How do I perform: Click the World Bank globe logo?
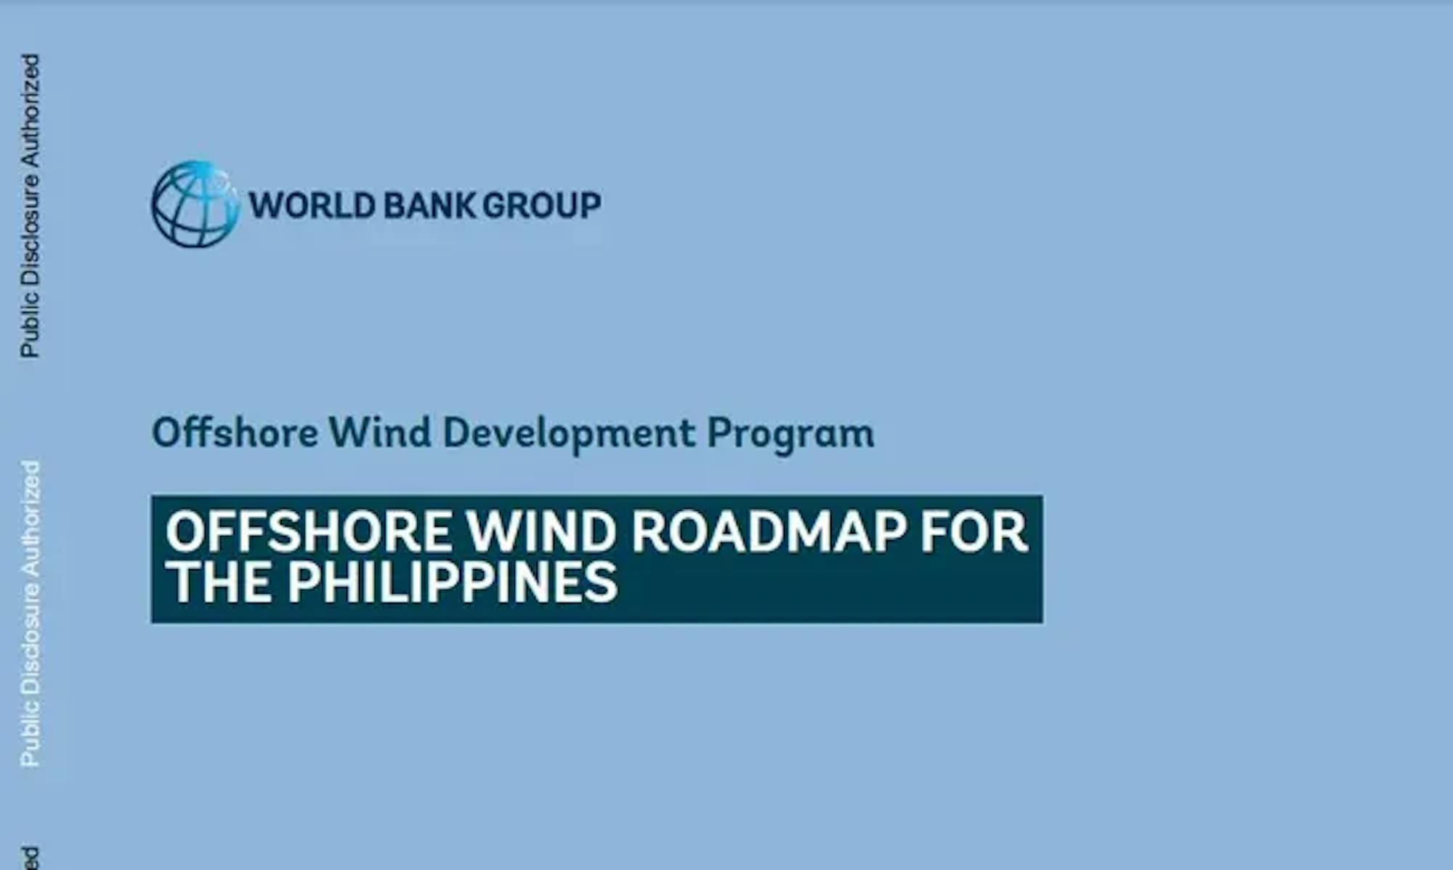coord(195,204)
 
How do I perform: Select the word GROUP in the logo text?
coord(542,205)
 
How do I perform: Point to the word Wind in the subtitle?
coord(381,432)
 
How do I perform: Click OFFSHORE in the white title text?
coord(309,531)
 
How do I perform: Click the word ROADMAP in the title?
coord(769,531)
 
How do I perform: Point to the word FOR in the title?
coord(974,531)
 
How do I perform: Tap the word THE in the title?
coord(220,582)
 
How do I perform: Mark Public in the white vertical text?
coord(30,735)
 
